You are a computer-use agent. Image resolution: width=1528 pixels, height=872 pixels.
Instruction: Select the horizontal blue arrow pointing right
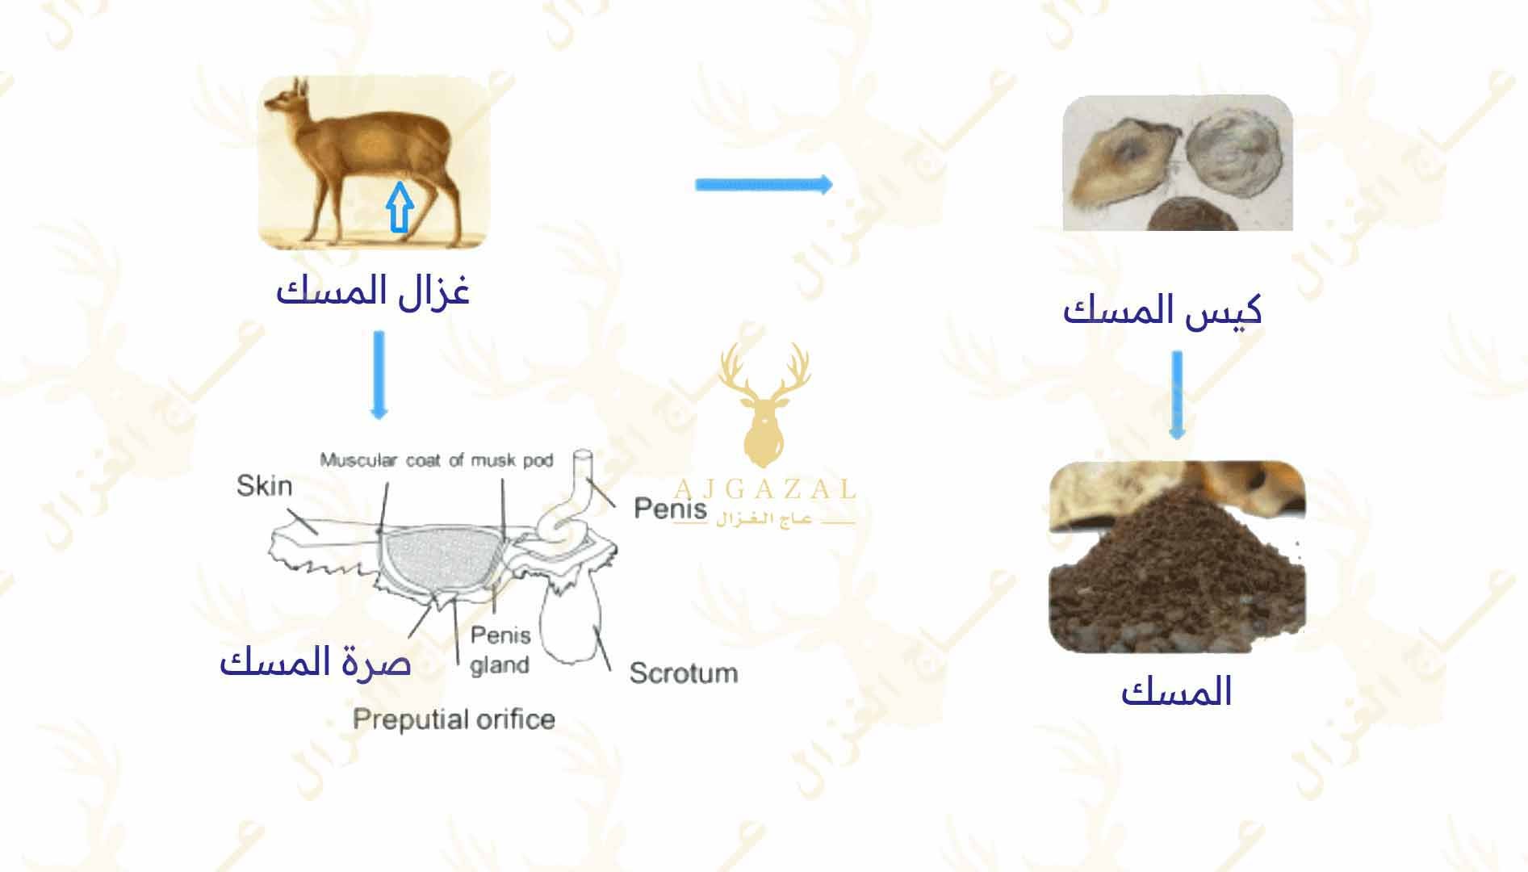tap(764, 185)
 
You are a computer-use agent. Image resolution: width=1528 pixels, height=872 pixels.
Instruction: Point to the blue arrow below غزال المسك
tap(379, 375)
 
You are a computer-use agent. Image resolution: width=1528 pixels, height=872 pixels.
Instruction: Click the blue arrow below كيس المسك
tap(1177, 395)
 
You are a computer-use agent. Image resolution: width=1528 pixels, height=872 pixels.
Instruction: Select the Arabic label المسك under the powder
tap(1176, 692)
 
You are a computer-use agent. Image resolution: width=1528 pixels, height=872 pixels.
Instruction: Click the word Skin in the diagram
tap(264, 485)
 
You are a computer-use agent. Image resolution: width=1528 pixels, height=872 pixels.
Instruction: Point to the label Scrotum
tap(684, 673)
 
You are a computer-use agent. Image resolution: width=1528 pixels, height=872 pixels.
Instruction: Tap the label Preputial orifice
tap(454, 719)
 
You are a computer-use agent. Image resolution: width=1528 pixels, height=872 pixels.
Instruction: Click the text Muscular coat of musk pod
tap(437, 460)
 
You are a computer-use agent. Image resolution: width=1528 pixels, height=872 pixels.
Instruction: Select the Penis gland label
tap(500, 650)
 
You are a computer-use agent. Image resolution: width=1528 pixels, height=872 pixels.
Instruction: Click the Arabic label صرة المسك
tap(316, 662)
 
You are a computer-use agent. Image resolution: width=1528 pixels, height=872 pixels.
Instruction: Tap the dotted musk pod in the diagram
tap(440, 561)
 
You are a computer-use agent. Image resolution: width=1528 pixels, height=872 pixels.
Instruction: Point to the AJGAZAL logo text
tap(764, 488)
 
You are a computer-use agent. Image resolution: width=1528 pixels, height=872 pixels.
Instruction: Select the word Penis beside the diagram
tap(670, 508)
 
